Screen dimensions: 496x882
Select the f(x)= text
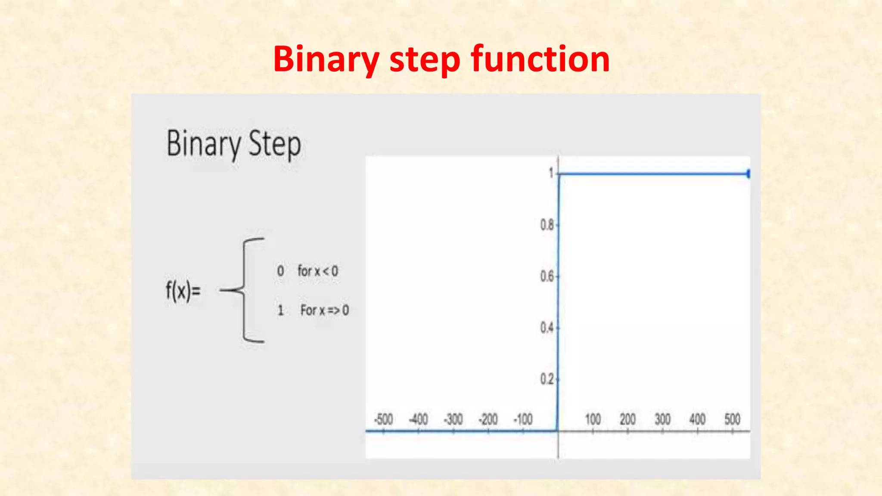tap(183, 291)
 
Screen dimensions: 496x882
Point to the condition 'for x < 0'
tap(318, 271)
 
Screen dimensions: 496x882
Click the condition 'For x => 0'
tap(324, 310)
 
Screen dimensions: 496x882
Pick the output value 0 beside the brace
tap(280, 271)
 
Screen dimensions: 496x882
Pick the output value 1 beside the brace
tap(280, 310)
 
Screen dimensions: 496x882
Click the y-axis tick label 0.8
tap(547, 225)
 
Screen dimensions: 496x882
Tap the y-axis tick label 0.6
tap(547, 276)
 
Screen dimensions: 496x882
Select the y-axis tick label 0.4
tap(547, 328)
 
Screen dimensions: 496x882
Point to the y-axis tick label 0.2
tap(547, 379)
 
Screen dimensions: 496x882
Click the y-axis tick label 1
tap(551, 173)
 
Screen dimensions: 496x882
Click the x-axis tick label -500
tap(383, 419)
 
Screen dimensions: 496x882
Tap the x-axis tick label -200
tap(488, 419)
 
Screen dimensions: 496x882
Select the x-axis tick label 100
tap(593, 419)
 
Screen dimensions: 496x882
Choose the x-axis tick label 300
tap(662, 419)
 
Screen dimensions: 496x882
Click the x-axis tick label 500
tap(732, 419)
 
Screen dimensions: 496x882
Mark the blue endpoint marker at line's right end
tap(748, 174)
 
